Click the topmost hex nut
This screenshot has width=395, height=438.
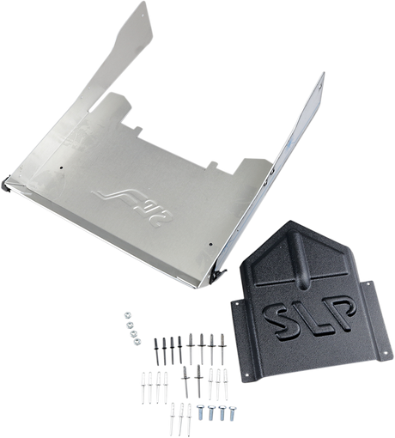point(127,315)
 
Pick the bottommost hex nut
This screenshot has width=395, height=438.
point(137,341)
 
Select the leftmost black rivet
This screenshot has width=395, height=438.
point(156,351)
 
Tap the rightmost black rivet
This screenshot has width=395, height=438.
point(179,350)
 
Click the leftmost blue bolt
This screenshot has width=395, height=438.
point(201,411)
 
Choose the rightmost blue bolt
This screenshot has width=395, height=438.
point(233,413)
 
